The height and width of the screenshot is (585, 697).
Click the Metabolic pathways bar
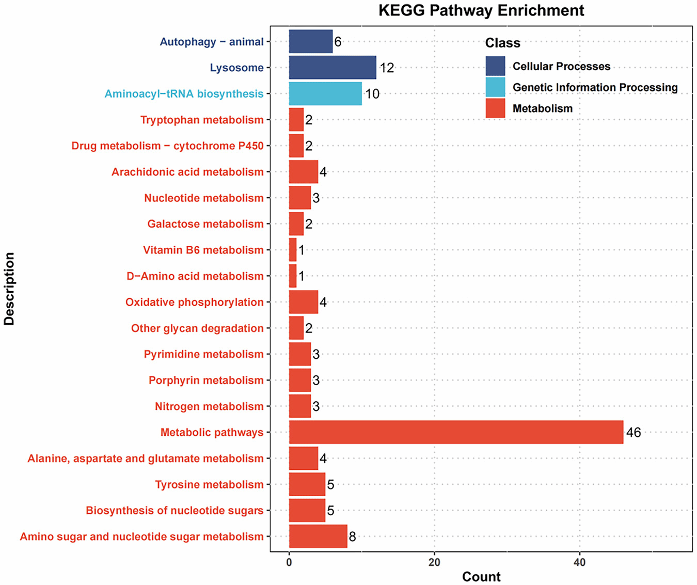pyautogui.click(x=456, y=432)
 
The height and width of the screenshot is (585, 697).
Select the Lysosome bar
pyautogui.click(x=332, y=68)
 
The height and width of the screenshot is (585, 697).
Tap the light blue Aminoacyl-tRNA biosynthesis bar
pyautogui.click(x=325, y=93)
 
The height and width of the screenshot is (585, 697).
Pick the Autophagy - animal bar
pyautogui.click(x=311, y=41)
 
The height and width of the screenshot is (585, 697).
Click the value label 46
pyautogui.click(x=633, y=433)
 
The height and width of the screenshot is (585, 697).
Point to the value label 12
pyautogui.click(x=387, y=68)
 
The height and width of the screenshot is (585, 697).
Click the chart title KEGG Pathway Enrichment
pyautogui.click(x=481, y=10)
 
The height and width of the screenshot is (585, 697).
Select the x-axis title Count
pyautogui.click(x=481, y=576)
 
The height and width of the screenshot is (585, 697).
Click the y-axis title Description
pyautogui.click(x=9, y=289)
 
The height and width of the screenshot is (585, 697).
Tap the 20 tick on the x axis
pyautogui.click(x=434, y=562)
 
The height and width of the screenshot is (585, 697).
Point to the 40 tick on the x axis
pyautogui.click(x=580, y=562)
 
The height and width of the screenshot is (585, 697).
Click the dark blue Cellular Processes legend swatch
pyautogui.click(x=495, y=66)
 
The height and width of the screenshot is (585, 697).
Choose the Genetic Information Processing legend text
pyautogui.click(x=595, y=87)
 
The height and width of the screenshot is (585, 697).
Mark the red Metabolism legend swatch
pyautogui.click(x=495, y=108)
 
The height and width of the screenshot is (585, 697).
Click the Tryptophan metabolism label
pyautogui.click(x=202, y=120)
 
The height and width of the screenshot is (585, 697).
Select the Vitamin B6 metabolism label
pyautogui.click(x=203, y=250)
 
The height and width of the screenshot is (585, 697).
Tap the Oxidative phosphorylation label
pyautogui.click(x=195, y=302)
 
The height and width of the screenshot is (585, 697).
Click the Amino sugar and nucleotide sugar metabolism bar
pyautogui.click(x=318, y=536)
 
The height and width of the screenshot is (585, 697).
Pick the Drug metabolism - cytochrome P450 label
pyautogui.click(x=167, y=146)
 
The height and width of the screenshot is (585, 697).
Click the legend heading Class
pyautogui.click(x=503, y=43)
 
